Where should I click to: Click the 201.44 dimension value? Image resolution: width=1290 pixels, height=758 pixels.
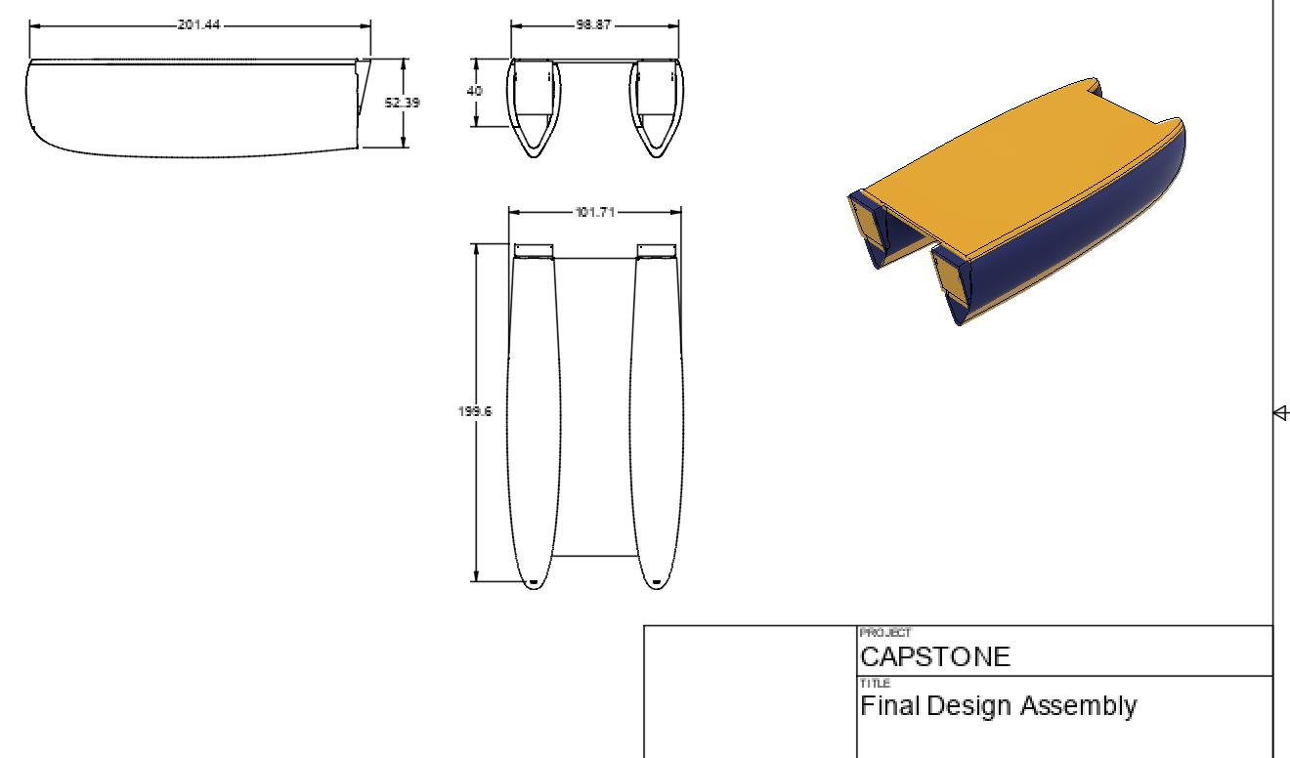(198, 24)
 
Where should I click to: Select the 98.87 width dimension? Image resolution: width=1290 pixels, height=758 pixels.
(594, 24)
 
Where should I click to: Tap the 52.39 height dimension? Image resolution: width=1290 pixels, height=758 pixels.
(403, 103)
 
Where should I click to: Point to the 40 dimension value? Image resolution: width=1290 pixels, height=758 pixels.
(475, 91)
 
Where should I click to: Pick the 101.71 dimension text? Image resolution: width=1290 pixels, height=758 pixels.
(595, 212)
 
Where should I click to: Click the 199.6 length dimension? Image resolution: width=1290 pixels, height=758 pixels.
(475, 411)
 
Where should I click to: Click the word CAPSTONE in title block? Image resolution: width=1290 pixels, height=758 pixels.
(935, 656)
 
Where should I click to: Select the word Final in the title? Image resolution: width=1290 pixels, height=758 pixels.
(890, 705)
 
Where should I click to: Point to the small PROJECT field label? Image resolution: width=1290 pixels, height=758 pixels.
(885, 633)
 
